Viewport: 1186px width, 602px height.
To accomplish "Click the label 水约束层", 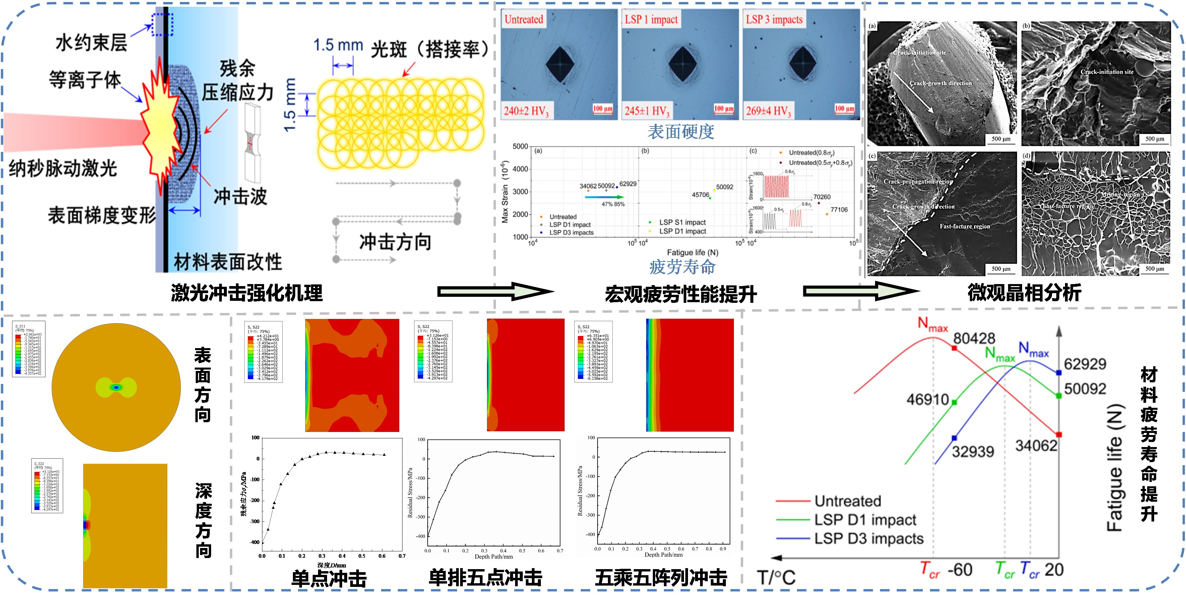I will coord(91,43).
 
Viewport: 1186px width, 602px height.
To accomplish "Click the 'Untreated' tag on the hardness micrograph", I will coord(523,19).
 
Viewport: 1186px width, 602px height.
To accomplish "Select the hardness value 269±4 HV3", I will coord(768,111).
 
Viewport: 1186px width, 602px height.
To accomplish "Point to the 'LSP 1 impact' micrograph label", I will coord(651,19).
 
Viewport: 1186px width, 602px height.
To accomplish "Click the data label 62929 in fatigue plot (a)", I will coord(628,184).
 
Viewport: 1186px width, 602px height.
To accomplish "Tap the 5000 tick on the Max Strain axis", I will coord(520,147).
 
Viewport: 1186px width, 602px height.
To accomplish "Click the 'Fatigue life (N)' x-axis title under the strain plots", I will coord(692,253).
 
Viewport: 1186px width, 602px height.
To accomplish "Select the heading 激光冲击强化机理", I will coord(247,293).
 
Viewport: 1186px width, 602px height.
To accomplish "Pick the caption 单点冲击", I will coord(329,579).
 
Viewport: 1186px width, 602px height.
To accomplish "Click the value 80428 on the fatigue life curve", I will coord(974,338).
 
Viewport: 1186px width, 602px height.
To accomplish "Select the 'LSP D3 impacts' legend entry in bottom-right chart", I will coord(868,538).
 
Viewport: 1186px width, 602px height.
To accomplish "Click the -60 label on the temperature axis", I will coord(960,570).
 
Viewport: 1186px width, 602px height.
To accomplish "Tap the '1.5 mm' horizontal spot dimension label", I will coord(338,45).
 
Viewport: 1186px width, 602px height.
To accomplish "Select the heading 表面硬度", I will coord(681,132).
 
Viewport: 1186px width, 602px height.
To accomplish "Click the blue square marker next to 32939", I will coord(954,438).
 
